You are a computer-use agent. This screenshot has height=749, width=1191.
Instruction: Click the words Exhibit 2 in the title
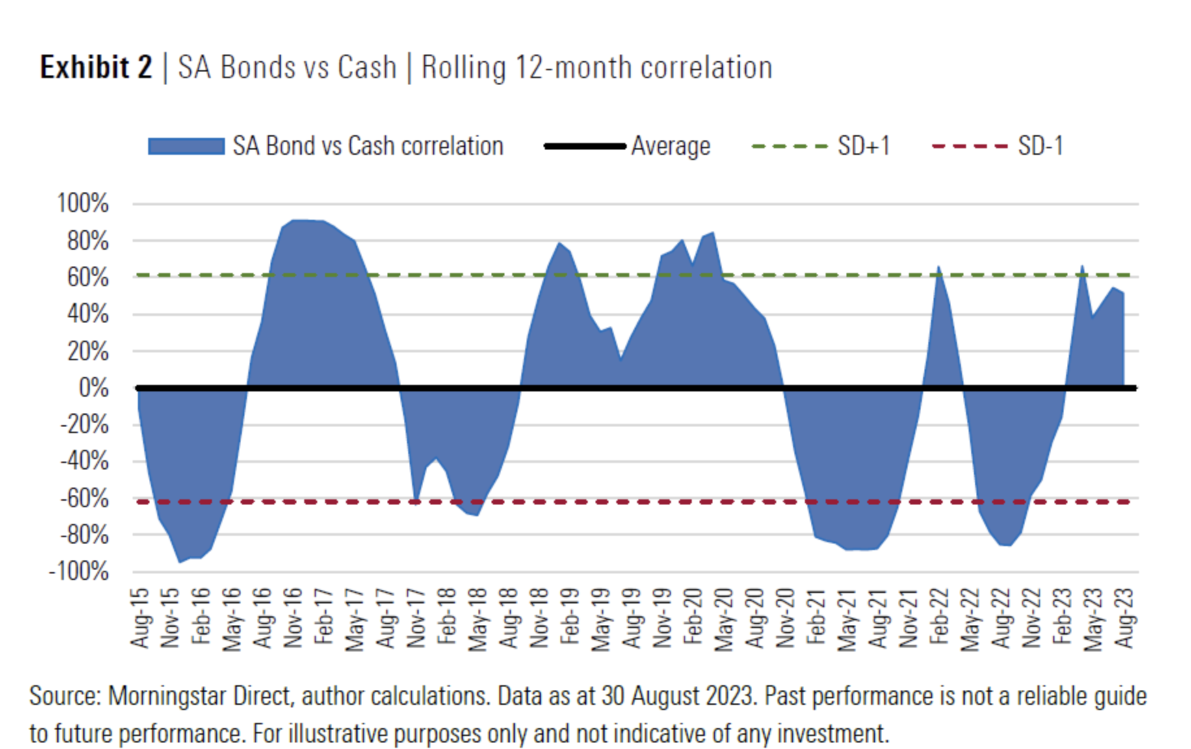[96, 68]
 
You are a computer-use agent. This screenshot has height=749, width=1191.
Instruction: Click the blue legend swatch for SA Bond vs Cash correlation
[186, 146]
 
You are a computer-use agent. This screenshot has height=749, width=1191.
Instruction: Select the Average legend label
[670, 146]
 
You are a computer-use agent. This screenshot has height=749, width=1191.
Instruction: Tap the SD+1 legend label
[863, 146]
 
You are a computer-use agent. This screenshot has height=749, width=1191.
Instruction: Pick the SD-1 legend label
[1040, 146]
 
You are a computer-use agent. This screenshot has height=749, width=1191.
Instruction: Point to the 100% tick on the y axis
[83, 204]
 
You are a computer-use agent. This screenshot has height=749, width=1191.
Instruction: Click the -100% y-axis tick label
[79, 572]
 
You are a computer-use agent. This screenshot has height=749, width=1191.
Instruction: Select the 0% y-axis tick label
[93, 388]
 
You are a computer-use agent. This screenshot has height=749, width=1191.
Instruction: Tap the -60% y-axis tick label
[84, 499]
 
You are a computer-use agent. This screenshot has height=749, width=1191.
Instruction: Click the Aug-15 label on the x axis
[140, 618]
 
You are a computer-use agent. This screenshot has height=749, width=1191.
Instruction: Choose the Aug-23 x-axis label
[1125, 618]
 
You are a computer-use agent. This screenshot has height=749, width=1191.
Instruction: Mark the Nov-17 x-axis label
[416, 618]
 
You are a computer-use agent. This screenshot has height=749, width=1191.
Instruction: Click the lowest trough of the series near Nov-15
[180, 562]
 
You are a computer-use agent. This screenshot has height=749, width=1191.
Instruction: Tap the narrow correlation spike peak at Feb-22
[939, 267]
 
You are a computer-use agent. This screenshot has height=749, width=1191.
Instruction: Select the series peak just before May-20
[713, 233]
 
